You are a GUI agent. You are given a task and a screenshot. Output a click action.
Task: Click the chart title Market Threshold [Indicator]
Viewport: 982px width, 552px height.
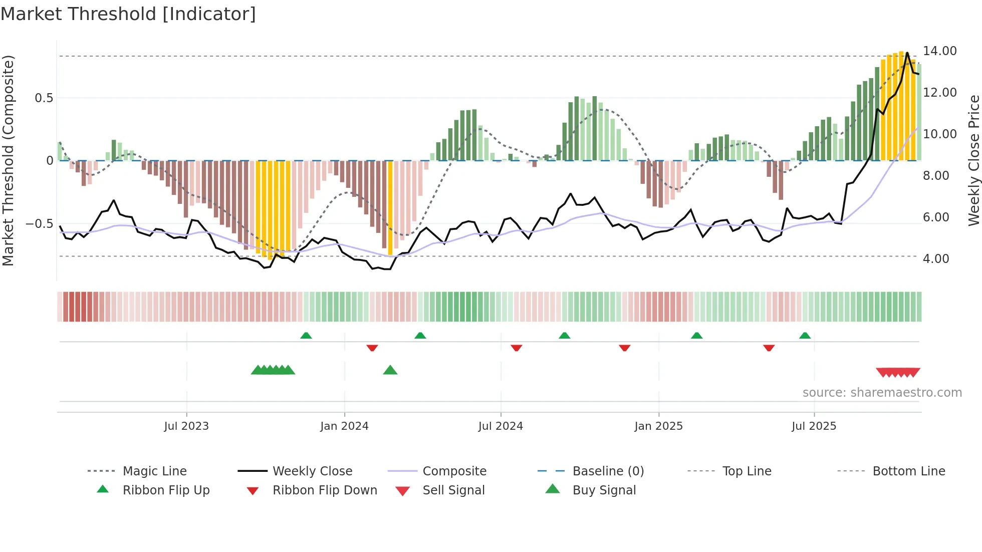pos(128,14)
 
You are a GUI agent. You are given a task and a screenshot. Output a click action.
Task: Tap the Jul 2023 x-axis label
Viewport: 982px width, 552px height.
pos(186,426)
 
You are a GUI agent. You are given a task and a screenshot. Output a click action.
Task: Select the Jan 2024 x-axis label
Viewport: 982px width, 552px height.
pos(344,426)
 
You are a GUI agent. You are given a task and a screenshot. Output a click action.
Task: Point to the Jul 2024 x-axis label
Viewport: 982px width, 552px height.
pos(501,426)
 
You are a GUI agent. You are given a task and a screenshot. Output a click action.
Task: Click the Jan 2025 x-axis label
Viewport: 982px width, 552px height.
pos(658,426)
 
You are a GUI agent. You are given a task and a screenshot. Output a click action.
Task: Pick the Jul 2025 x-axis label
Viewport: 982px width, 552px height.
pos(814,426)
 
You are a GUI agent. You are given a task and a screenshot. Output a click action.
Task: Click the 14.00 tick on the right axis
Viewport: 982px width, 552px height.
pos(939,51)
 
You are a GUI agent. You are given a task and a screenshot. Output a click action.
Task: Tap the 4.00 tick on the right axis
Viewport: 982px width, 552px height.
pos(936,259)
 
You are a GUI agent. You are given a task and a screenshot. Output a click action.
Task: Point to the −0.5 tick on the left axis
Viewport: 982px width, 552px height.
pos(40,223)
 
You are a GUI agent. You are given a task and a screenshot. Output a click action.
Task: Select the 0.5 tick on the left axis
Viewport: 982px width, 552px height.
pos(44,98)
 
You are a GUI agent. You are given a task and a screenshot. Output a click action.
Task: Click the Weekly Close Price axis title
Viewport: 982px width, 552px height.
pos(973,160)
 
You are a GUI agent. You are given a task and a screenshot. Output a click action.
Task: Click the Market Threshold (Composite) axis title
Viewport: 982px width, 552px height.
pos(8,160)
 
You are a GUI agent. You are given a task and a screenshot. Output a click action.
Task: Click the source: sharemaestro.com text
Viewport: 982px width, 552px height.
pos(882,392)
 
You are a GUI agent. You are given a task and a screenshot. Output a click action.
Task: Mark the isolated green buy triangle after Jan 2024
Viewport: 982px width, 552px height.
pos(390,370)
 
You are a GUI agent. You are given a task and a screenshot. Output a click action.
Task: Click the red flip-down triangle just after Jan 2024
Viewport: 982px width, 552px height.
pos(372,348)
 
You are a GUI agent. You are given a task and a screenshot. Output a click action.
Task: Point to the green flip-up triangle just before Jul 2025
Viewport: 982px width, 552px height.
pos(805,336)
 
